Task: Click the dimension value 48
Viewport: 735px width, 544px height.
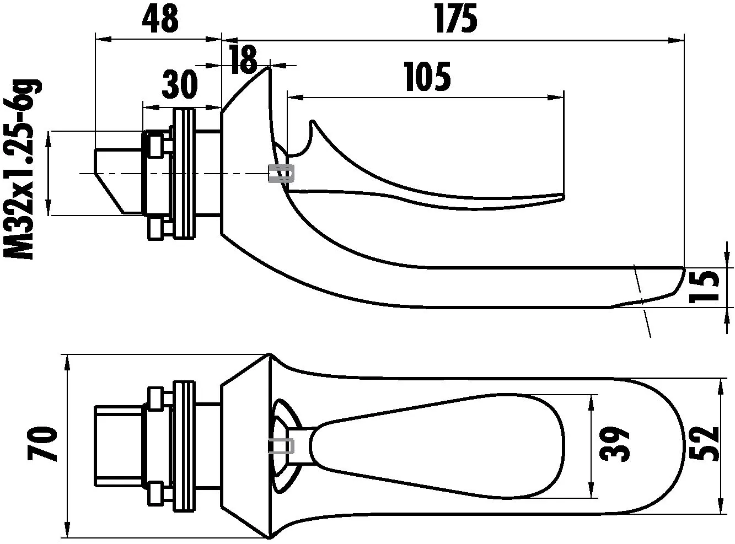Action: coord(160,19)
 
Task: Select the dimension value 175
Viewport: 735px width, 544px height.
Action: coord(455,19)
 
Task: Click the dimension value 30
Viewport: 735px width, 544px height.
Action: coord(180,85)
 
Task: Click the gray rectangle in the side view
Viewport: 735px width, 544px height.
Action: coord(281,173)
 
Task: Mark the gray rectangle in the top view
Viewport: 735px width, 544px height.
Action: coord(281,446)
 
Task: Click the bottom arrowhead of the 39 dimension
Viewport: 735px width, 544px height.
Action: coord(592,492)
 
